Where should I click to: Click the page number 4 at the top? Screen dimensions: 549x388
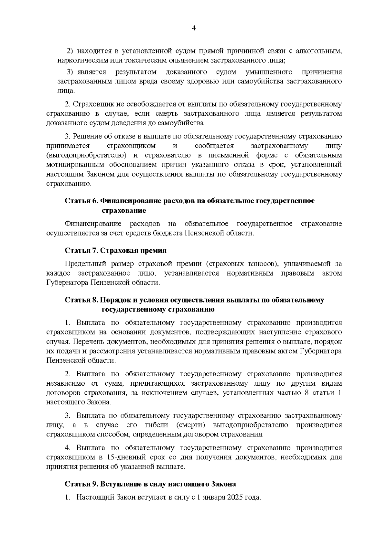(194, 28)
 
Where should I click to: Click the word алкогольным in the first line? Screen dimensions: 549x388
(319, 51)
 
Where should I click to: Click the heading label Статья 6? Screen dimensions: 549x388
(81, 201)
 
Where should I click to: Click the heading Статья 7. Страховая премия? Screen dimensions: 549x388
(116, 250)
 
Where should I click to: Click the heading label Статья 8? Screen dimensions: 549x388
(81, 300)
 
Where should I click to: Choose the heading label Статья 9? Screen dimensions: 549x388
(81, 484)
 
